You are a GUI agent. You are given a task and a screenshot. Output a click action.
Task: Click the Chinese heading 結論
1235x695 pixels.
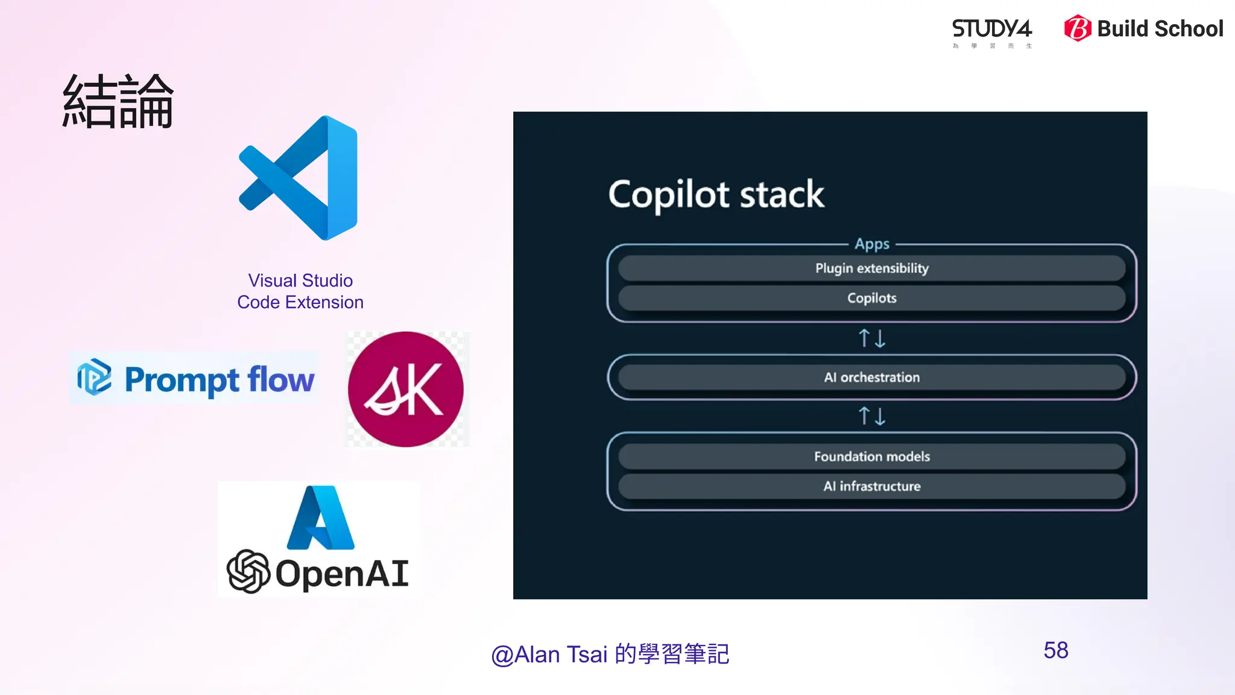pyautogui.click(x=118, y=101)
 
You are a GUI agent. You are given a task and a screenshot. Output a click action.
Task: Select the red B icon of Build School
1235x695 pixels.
pyautogui.click(x=1077, y=28)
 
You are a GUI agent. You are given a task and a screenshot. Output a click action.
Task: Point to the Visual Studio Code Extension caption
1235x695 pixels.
pyautogui.click(x=300, y=291)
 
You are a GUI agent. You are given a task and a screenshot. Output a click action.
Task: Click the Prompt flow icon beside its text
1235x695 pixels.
pyautogui.click(x=94, y=377)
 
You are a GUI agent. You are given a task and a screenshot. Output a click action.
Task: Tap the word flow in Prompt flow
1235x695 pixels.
pyautogui.click(x=281, y=379)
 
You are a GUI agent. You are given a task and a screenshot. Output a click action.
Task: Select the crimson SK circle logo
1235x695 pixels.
pyautogui.click(x=406, y=389)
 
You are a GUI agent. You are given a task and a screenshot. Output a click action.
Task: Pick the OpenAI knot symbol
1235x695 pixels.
pyautogui.click(x=248, y=571)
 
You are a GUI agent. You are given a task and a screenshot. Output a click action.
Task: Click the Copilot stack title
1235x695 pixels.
pyautogui.click(x=716, y=194)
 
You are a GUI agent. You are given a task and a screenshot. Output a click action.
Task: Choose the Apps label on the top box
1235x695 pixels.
pyautogui.click(x=872, y=244)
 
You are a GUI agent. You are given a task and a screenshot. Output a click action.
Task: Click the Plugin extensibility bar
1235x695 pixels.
pyautogui.click(x=872, y=268)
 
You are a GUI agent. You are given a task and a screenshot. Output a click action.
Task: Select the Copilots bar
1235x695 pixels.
pyautogui.click(x=872, y=298)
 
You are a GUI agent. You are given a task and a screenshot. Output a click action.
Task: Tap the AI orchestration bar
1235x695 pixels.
pyautogui.click(x=872, y=378)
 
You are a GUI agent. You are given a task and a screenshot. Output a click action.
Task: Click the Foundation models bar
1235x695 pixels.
pyautogui.click(x=872, y=457)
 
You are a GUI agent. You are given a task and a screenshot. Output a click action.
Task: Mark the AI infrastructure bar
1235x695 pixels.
pyautogui.click(x=872, y=486)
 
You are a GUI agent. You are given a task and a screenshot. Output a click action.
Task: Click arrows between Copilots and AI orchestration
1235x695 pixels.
pyautogui.click(x=872, y=338)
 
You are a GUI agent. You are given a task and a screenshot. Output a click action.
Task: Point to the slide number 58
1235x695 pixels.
pyautogui.click(x=1056, y=650)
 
